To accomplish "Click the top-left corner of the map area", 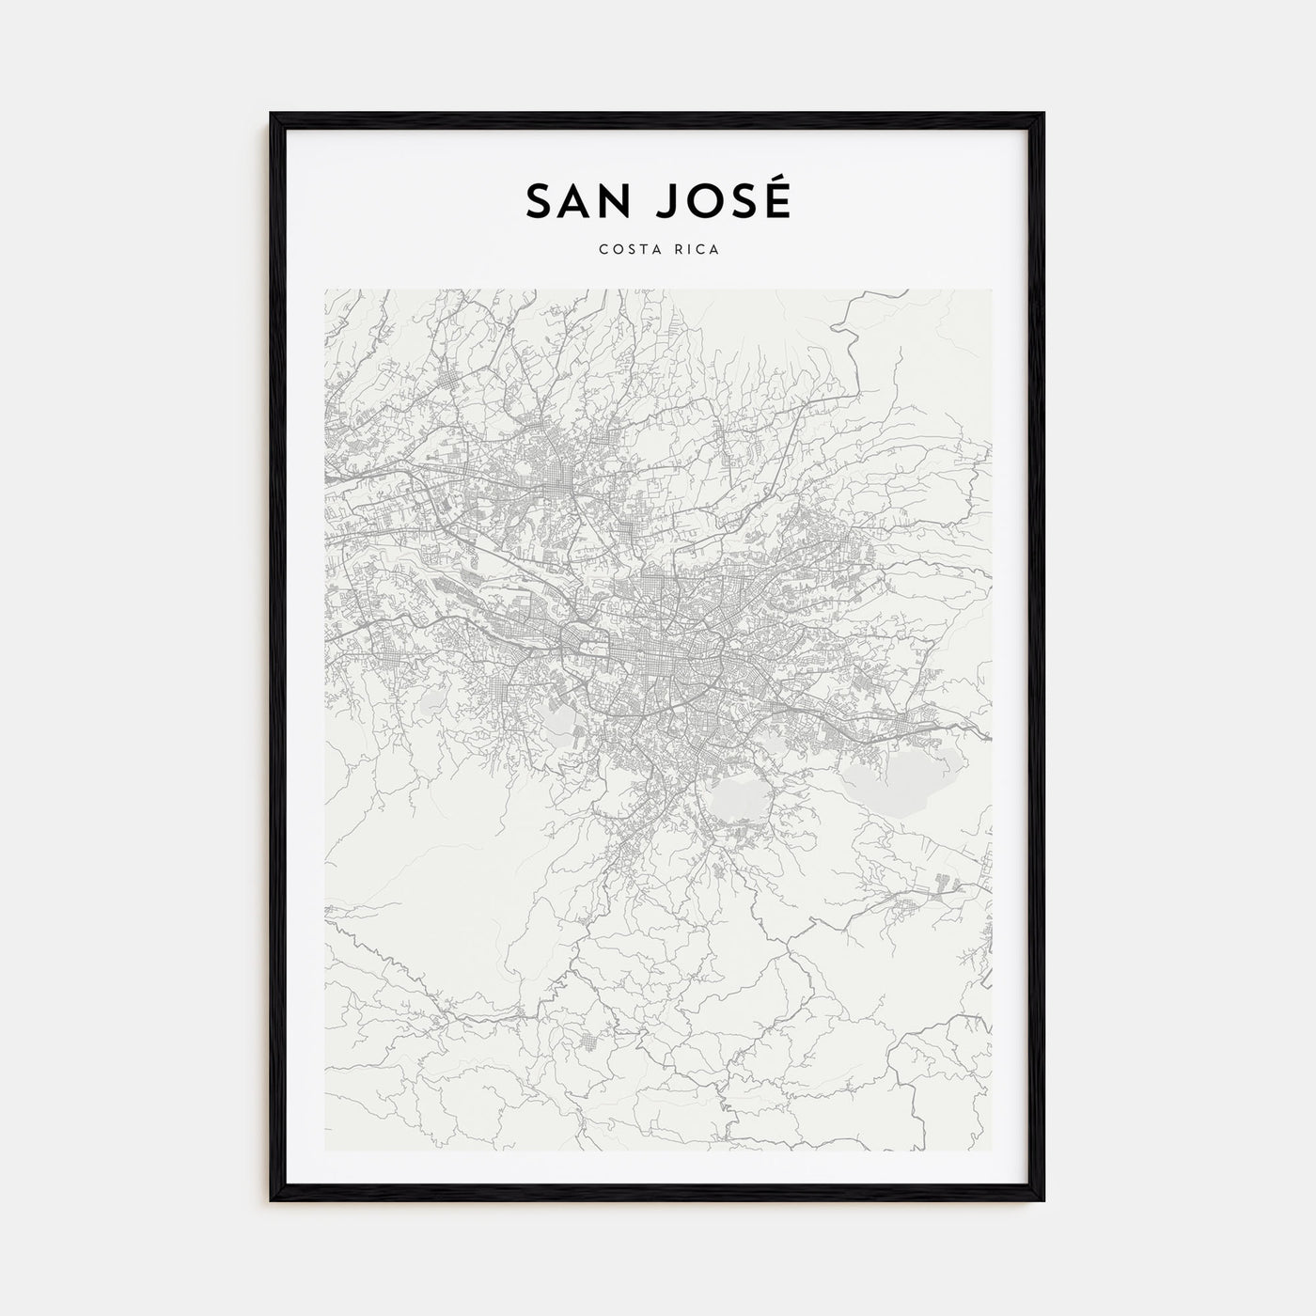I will [x=325, y=290].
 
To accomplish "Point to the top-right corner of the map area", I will [x=991, y=290].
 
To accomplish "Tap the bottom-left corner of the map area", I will [x=325, y=1151].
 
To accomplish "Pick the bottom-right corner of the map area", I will [x=991, y=1151].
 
